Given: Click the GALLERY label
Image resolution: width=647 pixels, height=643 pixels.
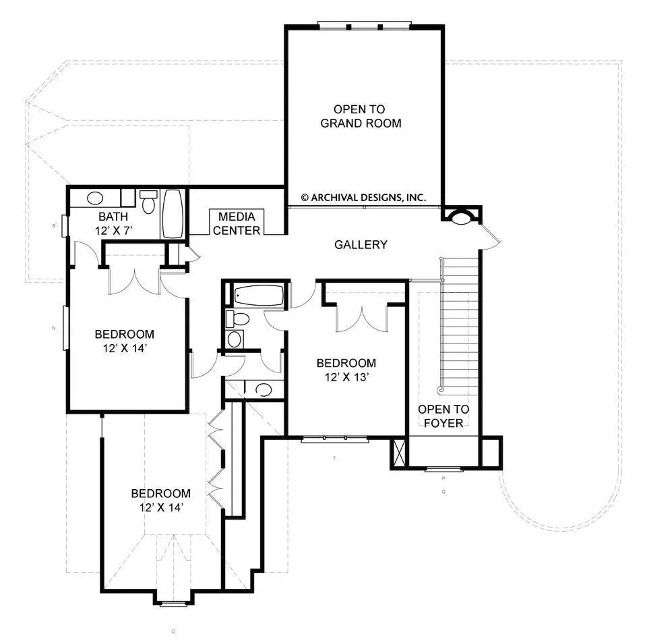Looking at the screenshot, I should coord(361,244).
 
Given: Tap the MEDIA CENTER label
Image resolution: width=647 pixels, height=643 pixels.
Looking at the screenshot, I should coord(237,223).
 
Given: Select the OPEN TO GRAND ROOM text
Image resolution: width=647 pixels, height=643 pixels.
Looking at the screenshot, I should coord(361,116).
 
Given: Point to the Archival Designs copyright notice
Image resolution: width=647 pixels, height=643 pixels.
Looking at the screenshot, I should coord(363,198).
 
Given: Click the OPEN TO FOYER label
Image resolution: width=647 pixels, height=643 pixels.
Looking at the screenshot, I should coord(443,416).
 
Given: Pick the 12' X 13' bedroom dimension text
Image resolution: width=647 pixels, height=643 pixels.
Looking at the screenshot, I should coord(346,377).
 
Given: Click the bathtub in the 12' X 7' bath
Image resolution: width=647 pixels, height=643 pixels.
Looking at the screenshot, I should coord(172,213).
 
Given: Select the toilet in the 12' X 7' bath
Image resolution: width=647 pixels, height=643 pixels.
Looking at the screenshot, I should coord(149,200).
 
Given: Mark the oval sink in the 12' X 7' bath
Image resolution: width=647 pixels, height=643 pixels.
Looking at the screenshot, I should coord(96,198).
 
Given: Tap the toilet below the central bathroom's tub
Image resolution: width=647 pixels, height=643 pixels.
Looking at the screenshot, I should coord(237,318).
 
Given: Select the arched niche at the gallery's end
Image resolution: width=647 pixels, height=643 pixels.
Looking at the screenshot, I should coord(462,217).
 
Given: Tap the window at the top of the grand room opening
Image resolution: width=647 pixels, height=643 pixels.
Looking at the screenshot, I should coord(364,26).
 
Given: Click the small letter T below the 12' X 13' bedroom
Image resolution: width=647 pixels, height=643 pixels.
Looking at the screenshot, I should coord(334,459).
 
